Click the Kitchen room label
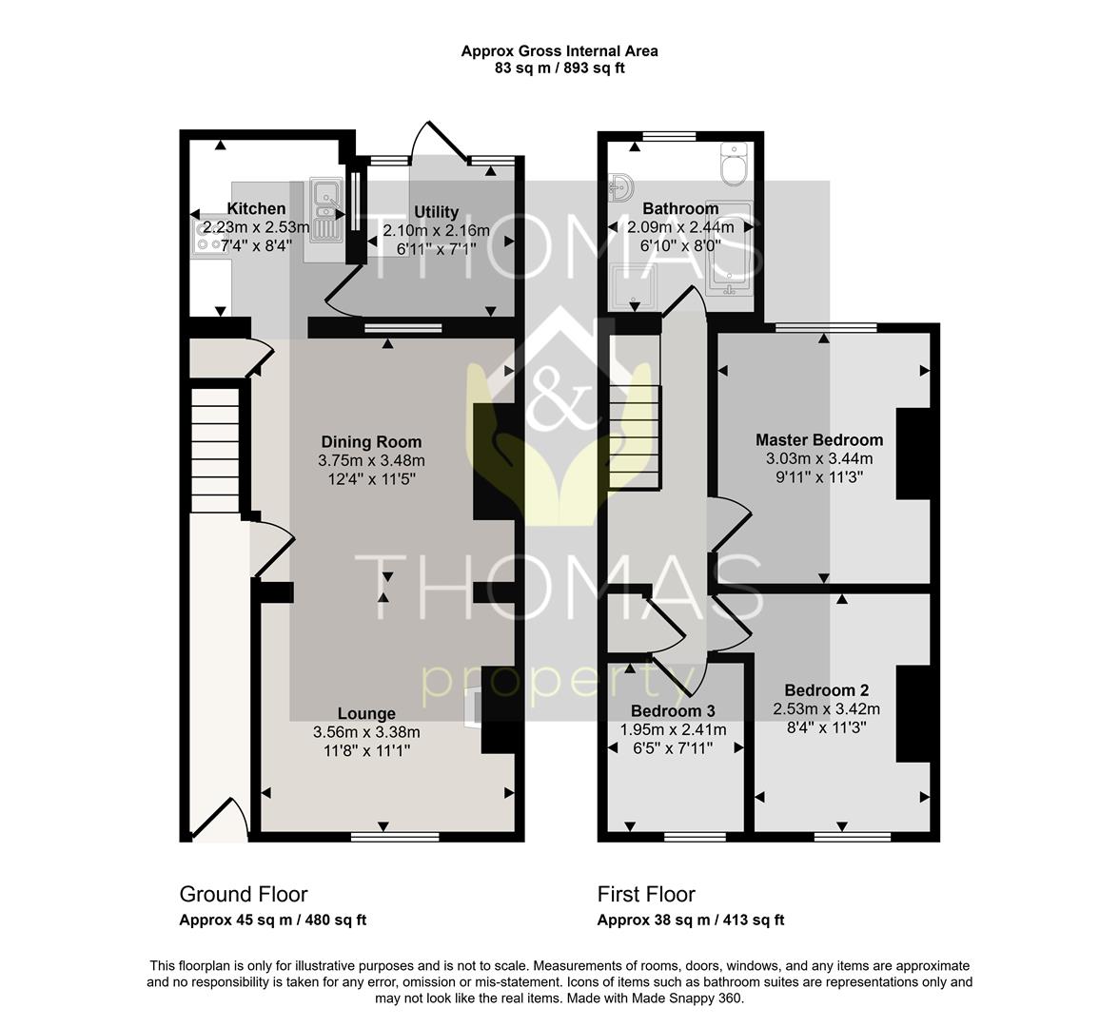pyautogui.click(x=256, y=208)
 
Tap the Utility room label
pyautogui.click(x=436, y=212)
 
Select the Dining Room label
pyautogui.click(x=371, y=441)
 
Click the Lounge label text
pyautogui.click(x=366, y=713)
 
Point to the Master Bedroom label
pyautogui.click(x=819, y=439)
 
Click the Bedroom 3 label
pyautogui.click(x=673, y=710)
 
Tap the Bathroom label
pyautogui.click(x=680, y=208)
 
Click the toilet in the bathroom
pyautogui.click(x=734, y=164)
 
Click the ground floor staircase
pyautogui.click(x=215, y=450)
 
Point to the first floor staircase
pyautogui.click(x=635, y=436)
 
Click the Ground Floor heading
pyautogui.click(x=244, y=894)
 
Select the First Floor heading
pyautogui.click(x=646, y=894)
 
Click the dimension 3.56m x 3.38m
pyautogui.click(x=366, y=732)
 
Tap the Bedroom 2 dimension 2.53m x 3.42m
pyautogui.click(x=826, y=709)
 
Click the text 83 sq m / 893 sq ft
pyautogui.click(x=559, y=68)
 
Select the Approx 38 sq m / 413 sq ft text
pyautogui.click(x=691, y=920)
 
